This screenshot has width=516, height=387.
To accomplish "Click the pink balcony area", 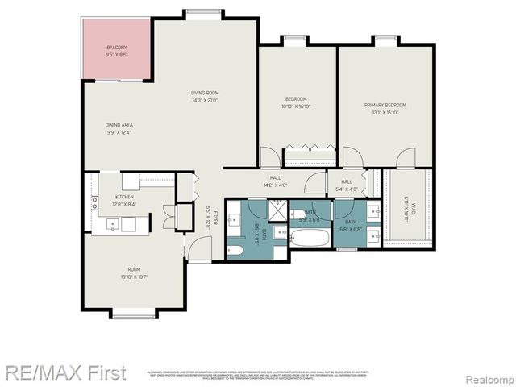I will (x=117, y=50).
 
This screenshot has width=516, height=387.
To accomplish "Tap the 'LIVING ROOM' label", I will (x=205, y=93).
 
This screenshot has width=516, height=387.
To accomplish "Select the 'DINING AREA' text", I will (x=119, y=125).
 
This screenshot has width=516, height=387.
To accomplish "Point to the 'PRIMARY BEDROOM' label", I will (x=385, y=106).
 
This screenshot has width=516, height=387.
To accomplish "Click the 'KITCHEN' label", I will (x=123, y=197).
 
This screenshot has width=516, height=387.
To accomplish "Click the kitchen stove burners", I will (x=95, y=203).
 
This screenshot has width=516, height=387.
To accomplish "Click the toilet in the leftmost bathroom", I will (x=235, y=251).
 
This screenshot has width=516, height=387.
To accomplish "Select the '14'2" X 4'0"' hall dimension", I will (x=274, y=185).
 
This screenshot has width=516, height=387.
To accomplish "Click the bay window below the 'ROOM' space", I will (x=133, y=313).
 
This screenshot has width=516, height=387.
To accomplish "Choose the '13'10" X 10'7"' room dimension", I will (x=133, y=277).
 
